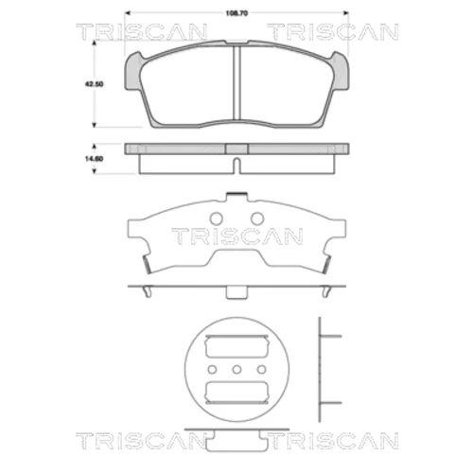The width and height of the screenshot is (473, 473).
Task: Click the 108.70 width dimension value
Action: point(236,13)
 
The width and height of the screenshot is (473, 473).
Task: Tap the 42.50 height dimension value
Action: point(94,84)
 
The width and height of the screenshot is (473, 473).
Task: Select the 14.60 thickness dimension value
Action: point(94,159)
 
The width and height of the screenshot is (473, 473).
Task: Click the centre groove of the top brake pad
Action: point(236,82)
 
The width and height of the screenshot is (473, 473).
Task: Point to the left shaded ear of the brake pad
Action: point(132,72)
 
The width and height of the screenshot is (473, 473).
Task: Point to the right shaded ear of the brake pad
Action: point(341,72)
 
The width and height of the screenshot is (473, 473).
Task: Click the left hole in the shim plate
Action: point(217,219)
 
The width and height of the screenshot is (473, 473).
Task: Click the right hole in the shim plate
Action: point(257,219)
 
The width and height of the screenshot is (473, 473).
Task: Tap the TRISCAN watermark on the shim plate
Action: point(237,236)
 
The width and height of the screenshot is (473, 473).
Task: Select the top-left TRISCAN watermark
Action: point(142,32)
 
